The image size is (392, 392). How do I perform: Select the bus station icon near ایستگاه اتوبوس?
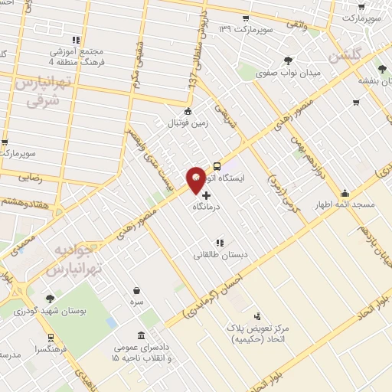tap(217, 165)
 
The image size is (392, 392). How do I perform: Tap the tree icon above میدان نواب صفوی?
tap(287, 60)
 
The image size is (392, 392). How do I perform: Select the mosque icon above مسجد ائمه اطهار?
tap(345, 193)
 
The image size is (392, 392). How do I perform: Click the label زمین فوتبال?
tap(188, 122)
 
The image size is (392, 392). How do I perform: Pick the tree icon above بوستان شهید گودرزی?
tap(51, 299)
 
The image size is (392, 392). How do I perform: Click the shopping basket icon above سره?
tap(137, 290)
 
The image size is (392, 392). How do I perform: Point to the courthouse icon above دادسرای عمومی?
tap(142, 335)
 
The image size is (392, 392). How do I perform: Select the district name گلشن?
tap(347, 57)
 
